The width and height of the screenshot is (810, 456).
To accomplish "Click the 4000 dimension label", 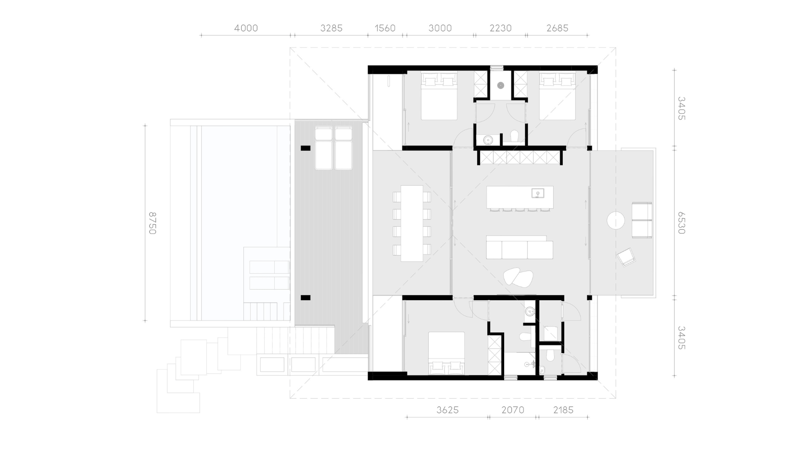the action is point(246,28).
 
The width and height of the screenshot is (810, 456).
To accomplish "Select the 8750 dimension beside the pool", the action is point(152,223).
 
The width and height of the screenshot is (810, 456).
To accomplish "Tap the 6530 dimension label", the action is point(681,223).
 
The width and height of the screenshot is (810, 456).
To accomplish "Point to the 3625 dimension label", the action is point(447,410).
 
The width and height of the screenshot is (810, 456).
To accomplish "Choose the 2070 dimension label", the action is point(513,410).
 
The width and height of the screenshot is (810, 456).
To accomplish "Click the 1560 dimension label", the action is point(385,28).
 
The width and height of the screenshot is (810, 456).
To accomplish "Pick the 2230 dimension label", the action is point(500,28).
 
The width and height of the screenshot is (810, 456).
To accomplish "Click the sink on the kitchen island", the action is point(537,193).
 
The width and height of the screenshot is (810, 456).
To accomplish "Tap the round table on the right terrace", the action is point(616,220).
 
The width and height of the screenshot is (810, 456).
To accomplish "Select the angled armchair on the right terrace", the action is point(626,257).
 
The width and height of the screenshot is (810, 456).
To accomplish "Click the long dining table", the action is point(412,223).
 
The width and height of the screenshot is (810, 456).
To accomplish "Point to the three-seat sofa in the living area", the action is point(519,247).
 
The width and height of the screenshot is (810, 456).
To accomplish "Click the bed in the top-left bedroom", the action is point(439,96).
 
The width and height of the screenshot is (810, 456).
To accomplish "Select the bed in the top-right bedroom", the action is point(557,96).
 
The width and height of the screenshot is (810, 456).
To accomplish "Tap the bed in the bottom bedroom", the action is point(447,353).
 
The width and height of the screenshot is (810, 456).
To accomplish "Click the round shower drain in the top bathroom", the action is point(501,85).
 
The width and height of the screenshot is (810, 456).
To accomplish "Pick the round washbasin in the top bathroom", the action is point(488,140).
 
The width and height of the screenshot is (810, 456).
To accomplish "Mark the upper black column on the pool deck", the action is point(305,148).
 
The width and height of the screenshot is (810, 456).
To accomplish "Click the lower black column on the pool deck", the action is point(305,298).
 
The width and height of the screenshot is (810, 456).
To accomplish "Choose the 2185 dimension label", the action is point(563,410).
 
